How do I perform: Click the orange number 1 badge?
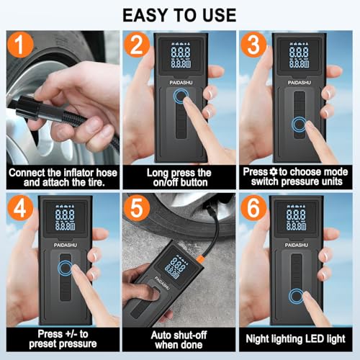coord(20,45)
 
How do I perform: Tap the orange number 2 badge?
coord(137,45)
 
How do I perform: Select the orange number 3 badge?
coord(253,45)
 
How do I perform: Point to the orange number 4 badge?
coord(20,208)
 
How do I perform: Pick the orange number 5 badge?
coord(137,208)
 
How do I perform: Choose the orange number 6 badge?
coord(253,208)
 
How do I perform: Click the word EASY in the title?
coord(145,15)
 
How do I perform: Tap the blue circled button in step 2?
coord(181,96)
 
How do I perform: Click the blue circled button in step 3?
coord(299,125)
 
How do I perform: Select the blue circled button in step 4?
coord(65,268)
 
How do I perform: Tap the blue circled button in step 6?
coord(297,296)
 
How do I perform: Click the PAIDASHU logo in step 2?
coord(181,83)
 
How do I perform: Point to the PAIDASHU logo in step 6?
coord(297,245)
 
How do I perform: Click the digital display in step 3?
coord(299,55)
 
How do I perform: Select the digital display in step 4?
coord(65,217)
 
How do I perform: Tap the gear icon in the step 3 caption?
coord(273,171)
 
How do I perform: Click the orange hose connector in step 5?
coord(200,260)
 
